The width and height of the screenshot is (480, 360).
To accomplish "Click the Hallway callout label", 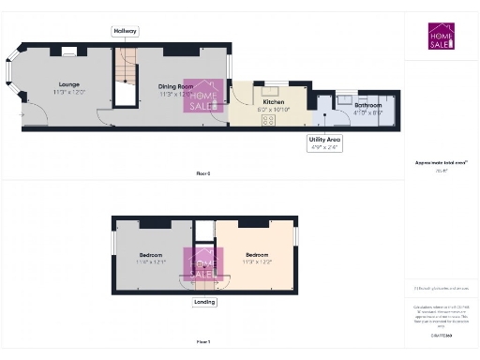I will click(x=125, y=31).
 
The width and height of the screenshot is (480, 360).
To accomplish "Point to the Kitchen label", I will click(x=273, y=101).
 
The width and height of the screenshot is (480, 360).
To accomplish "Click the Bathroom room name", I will click(x=368, y=105).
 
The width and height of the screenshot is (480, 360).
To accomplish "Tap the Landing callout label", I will click(x=203, y=302).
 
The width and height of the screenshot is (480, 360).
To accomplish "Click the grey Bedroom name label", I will click(x=152, y=255).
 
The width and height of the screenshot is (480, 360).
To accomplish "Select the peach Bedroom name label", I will click(x=257, y=254).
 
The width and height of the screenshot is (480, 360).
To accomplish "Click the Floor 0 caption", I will click(x=203, y=173).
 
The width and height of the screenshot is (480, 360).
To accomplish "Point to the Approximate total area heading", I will click(x=441, y=161).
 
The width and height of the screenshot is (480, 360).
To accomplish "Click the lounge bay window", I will click(x=12, y=85).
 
